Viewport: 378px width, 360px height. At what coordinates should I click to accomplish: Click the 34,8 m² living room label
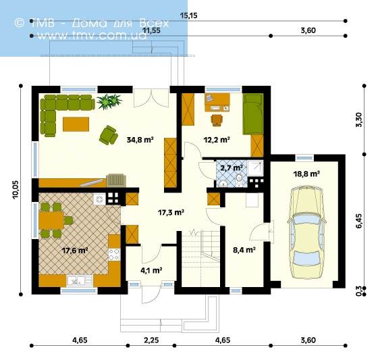click(x=140, y=140)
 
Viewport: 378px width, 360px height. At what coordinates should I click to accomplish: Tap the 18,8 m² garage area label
click(x=306, y=174)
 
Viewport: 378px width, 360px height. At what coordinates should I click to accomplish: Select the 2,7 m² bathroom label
click(x=232, y=168)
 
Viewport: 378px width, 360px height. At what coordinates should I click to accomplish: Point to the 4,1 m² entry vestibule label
click(x=151, y=270)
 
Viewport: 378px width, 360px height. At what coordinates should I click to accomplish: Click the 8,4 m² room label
click(x=244, y=250)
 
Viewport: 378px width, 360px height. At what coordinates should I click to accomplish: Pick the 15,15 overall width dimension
click(x=189, y=16)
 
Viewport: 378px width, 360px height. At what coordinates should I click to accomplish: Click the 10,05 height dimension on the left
click(x=16, y=190)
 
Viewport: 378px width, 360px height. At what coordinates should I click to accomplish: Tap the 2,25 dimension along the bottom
click(x=151, y=340)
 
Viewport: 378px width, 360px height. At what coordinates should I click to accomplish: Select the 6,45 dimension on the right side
click(x=359, y=221)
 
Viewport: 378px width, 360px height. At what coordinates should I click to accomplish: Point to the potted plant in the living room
click(x=109, y=101)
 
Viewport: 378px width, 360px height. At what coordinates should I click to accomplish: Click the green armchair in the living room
click(x=108, y=135)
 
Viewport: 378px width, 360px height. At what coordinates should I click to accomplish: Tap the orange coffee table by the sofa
click(x=76, y=124)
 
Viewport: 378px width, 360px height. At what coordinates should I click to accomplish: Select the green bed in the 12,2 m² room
click(x=253, y=114)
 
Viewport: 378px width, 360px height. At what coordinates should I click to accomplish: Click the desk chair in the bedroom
click(x=217, y=120)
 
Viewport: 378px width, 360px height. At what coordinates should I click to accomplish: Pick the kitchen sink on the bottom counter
click(x=80, y=281)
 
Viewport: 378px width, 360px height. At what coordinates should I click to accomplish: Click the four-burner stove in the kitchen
click(x=114, y=255)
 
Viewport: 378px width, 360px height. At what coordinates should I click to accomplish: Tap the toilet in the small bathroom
click(x=239, y=180)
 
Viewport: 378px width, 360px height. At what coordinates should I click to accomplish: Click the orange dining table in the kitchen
click(x=51, y=220)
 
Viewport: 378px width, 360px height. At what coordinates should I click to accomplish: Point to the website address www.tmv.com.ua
click(x=92, y=36)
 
